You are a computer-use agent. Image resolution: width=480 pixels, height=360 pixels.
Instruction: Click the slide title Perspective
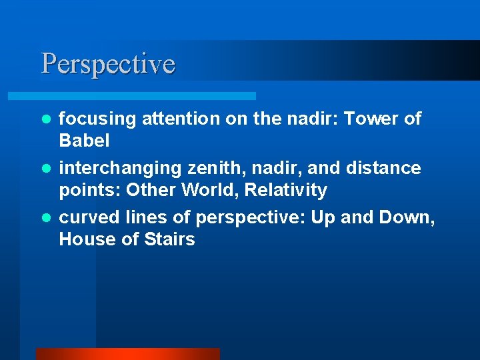coord(108,64)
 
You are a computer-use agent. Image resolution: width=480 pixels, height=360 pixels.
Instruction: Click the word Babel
coord(84,141)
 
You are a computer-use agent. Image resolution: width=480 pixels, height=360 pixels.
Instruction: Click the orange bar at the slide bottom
coord(127,354)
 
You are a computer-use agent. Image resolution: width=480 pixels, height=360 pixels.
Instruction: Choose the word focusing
coord(92,119)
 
